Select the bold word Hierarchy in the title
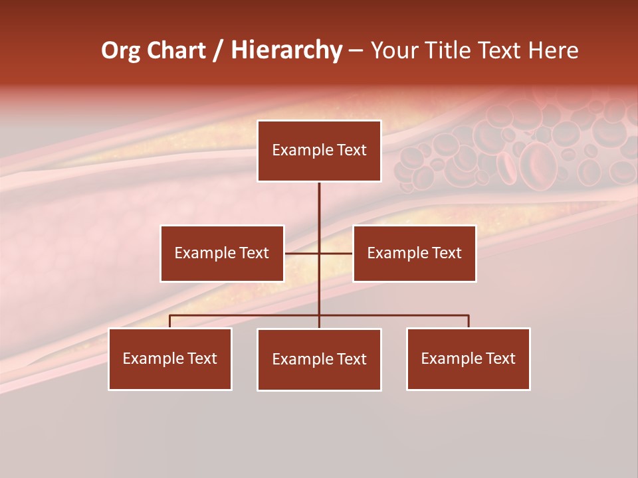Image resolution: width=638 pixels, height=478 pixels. [286, 50]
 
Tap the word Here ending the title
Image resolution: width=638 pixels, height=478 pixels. [554, 50]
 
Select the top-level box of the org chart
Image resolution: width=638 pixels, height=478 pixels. [319, 151]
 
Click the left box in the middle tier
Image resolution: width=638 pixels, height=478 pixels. [222, 253]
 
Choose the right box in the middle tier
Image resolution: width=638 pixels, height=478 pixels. [415, 253]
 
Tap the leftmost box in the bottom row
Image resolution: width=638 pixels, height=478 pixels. [170, 358]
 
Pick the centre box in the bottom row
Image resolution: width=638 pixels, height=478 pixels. [319, 359]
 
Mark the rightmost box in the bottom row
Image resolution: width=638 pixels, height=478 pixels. [469, 358]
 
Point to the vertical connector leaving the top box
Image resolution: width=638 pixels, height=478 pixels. [319, 206]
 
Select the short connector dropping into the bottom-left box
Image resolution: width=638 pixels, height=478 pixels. [170, 321]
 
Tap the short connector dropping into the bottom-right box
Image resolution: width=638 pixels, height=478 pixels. [469, 321]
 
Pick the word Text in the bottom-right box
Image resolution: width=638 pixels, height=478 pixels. [500, 358]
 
